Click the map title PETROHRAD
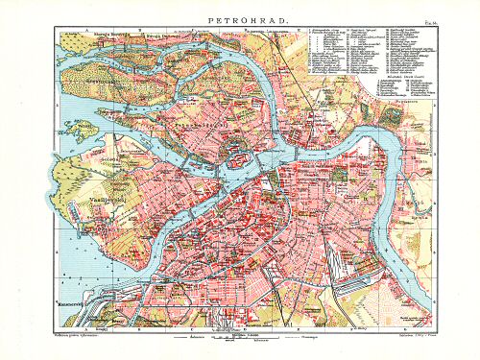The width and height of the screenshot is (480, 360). (239, 17)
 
